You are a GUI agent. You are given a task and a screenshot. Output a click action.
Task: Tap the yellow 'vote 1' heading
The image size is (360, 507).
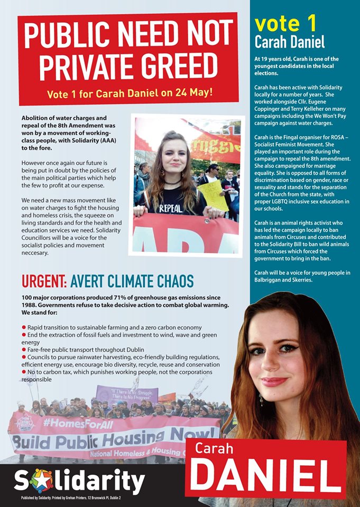click(x=285, y=24)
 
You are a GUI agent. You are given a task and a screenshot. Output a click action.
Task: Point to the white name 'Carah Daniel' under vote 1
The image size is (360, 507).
click(x=289, y=42)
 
